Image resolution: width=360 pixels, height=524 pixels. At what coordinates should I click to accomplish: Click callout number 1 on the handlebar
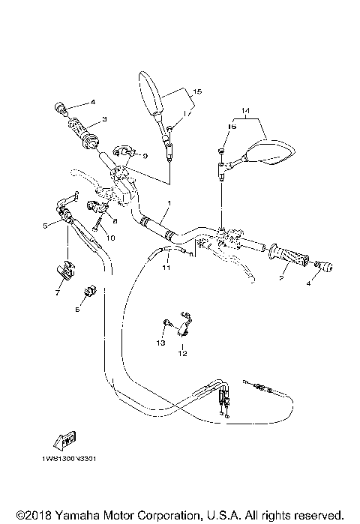click(169, 203)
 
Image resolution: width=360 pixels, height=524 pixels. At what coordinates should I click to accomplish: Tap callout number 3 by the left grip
click(104, 119)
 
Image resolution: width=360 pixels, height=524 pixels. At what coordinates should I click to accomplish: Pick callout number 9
click(145, 155)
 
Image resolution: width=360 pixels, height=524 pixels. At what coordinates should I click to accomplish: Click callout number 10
click(110, 238)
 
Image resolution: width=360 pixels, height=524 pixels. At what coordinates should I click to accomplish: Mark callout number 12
click(183, 352)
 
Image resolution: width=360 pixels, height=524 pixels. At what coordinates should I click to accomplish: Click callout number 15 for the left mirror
click(197, 91)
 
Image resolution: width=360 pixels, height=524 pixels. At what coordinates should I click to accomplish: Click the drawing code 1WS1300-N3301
click(64, 459)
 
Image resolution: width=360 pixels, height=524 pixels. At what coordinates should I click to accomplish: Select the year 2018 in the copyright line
click(31, 515)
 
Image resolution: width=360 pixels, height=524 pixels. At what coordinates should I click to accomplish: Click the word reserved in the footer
click(320, 515)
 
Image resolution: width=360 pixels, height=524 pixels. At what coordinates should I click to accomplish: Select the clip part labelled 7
click(66, 269)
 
